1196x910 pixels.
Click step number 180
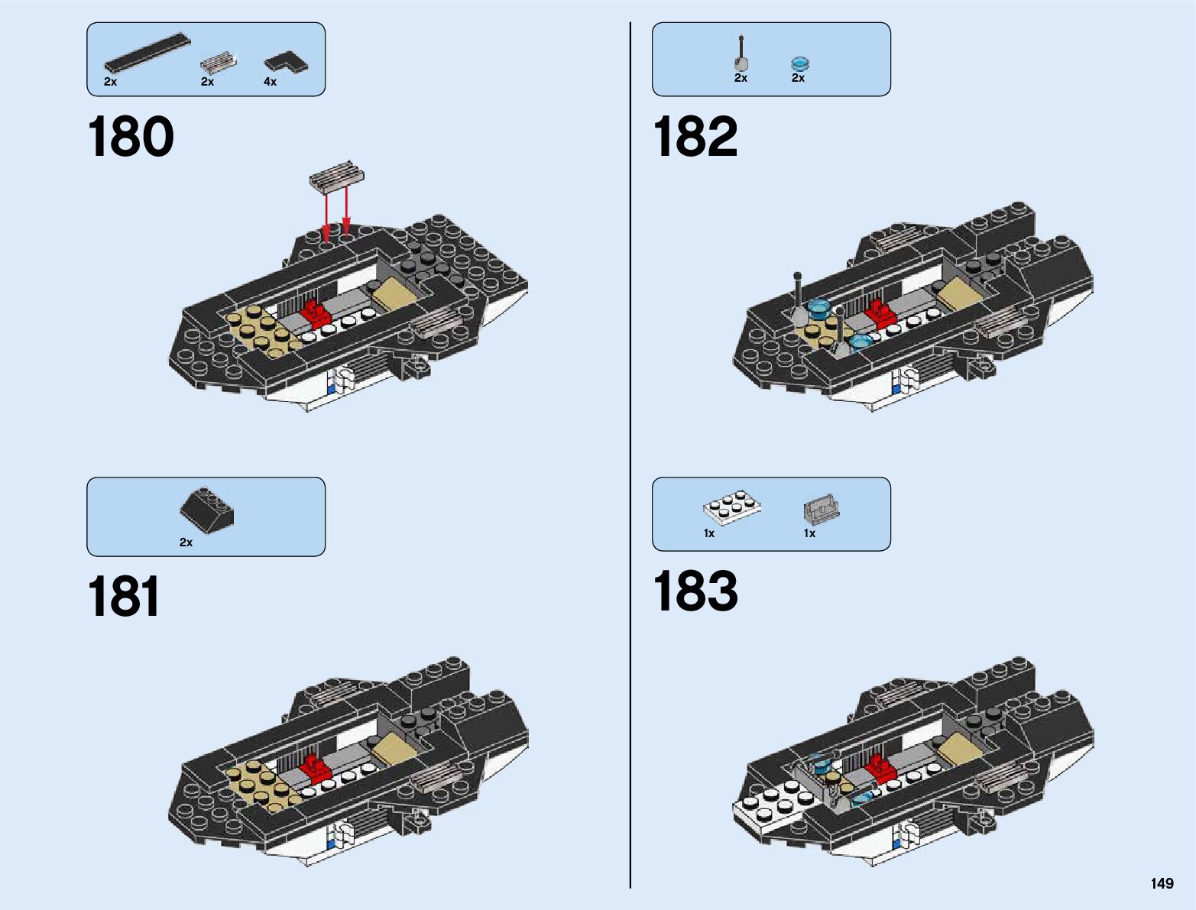131,138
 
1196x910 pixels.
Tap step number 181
124,597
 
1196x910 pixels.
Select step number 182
695,138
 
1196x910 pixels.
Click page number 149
1162,883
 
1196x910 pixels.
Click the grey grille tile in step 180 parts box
219,61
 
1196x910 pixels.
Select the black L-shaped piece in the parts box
287,61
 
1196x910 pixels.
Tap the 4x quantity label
270,82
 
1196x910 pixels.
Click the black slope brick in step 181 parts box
207,509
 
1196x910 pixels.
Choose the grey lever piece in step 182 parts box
741,55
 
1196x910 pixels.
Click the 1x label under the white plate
709,533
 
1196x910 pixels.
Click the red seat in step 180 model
315,313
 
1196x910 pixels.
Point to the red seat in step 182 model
880,313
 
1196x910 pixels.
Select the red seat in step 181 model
314,767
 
